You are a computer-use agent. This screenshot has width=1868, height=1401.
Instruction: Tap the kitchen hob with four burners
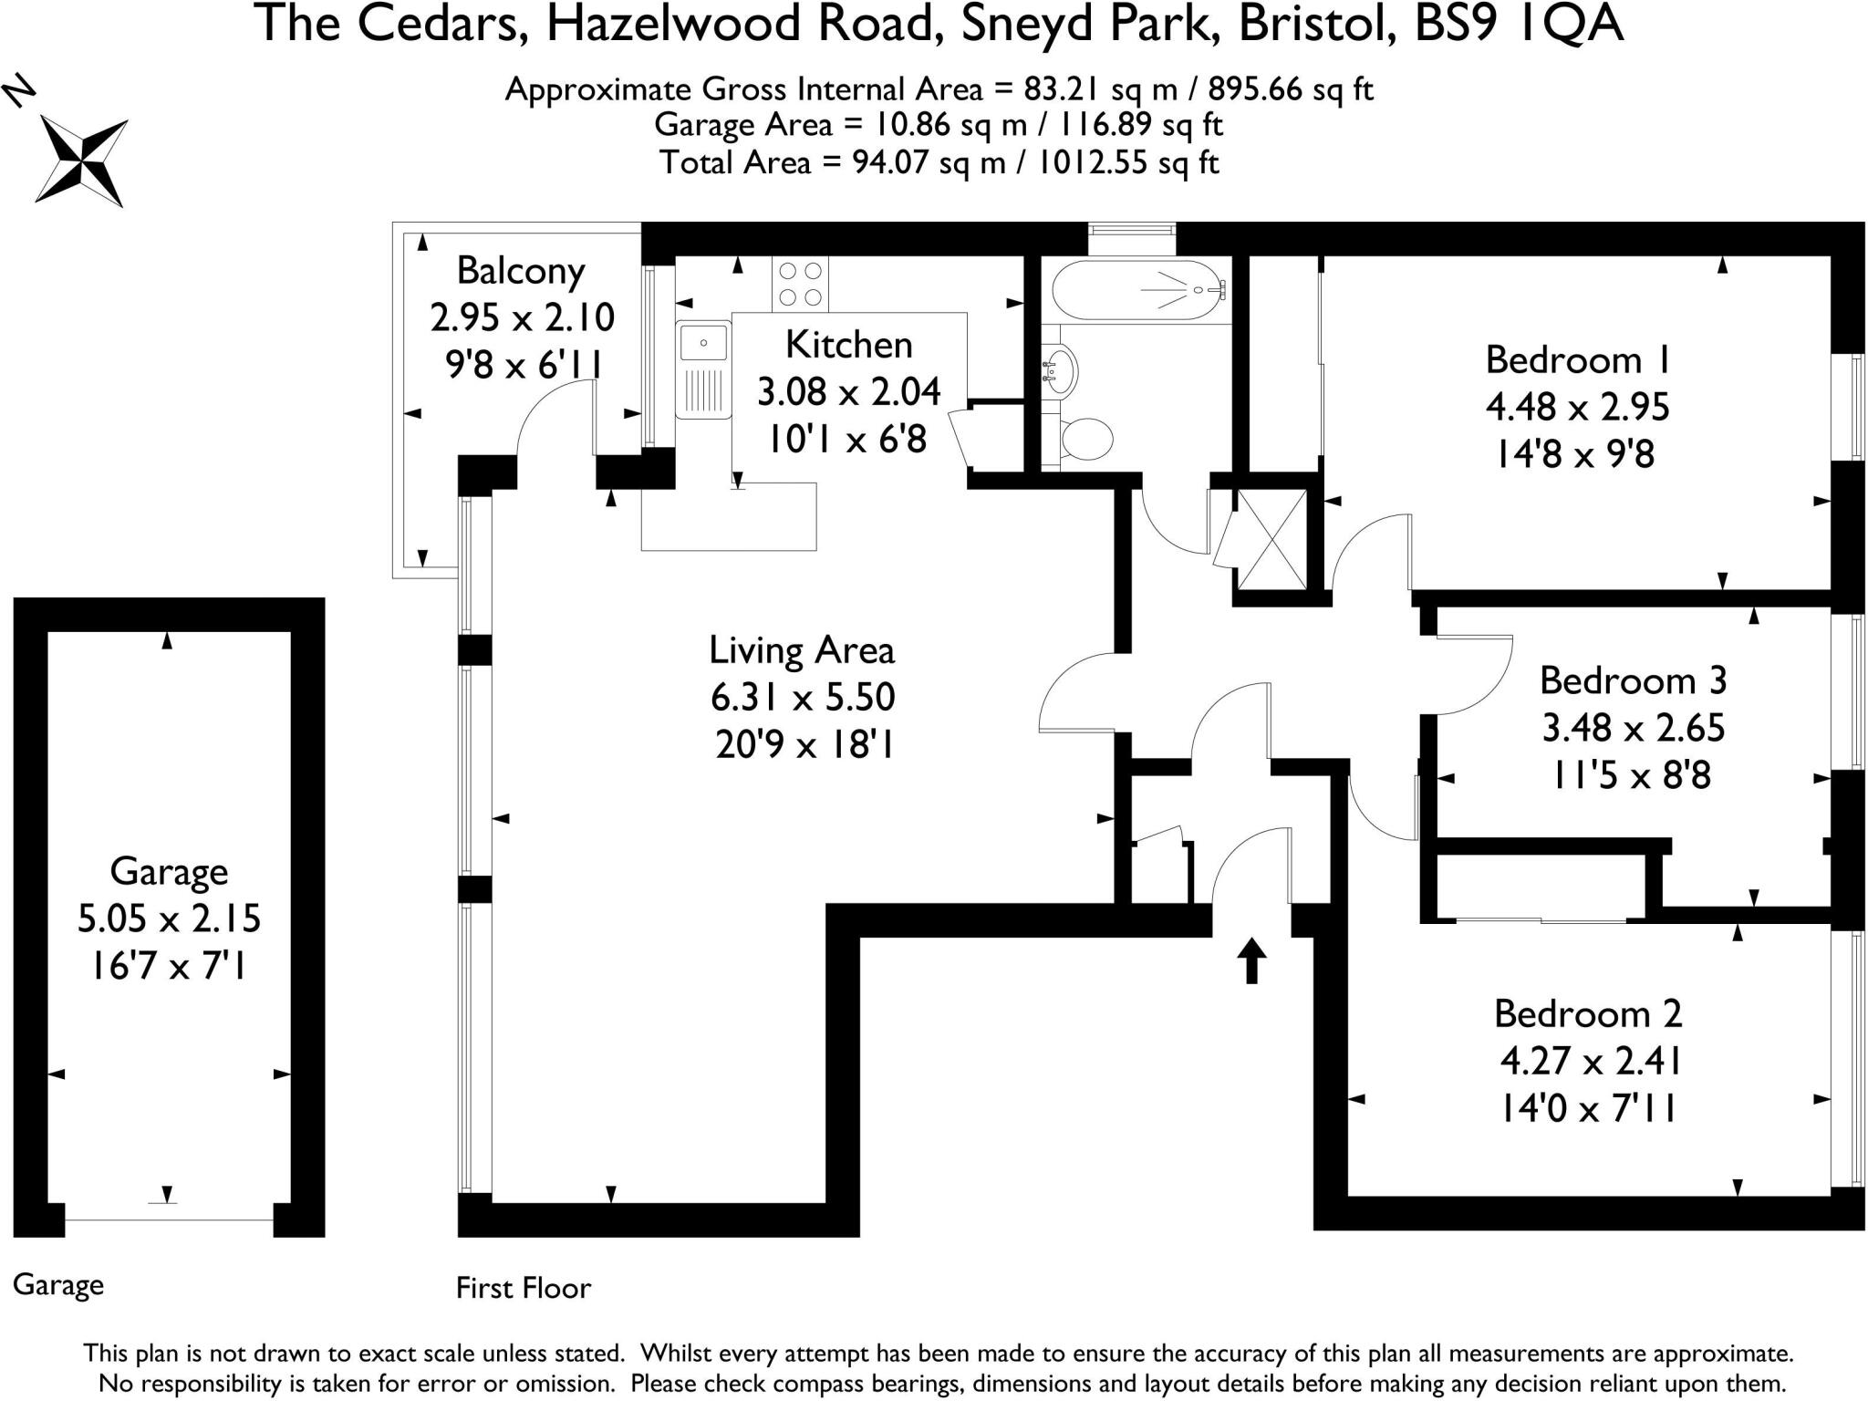click(x=800, y=284)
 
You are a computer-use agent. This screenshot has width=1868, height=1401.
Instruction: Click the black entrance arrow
click(x=1251, y=960)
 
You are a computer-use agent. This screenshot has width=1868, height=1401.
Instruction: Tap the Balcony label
click(x=520, y=271)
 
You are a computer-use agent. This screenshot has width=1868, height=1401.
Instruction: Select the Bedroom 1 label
click(x=1577, y=360)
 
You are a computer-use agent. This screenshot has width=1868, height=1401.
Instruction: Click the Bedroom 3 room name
click(x=1633, y=680)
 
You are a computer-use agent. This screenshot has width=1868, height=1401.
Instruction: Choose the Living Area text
click(x=802, y=650)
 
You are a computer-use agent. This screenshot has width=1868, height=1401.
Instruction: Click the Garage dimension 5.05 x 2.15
click(x=169, y=918)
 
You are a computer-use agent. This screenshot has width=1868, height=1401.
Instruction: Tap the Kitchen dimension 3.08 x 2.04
click(x=848, y=392)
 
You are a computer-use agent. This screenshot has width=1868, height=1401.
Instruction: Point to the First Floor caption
click(x=524, y=1288)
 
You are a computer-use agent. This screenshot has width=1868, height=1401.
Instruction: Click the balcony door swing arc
click(x=553, y=416)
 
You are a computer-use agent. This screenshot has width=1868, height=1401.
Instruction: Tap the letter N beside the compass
click(x=20, y=91)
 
